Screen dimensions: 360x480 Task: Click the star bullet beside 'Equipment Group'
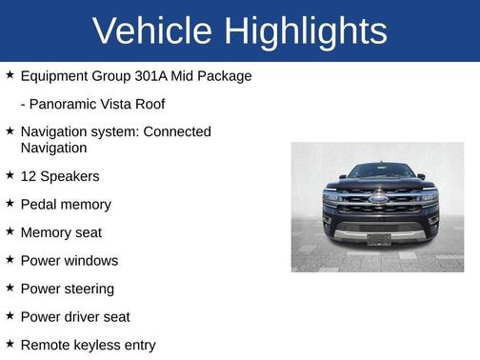point(10,74)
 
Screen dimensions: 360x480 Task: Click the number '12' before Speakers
point(29,176)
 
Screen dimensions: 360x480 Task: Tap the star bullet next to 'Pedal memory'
point(10,204)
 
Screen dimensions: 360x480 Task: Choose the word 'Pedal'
point(40,205)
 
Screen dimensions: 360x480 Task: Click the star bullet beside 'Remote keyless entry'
point(10,344)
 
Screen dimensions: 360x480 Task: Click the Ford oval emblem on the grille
point(379,201)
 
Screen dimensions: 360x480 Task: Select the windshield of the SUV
point(379,172)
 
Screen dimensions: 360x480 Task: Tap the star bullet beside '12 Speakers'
point(10,175)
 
